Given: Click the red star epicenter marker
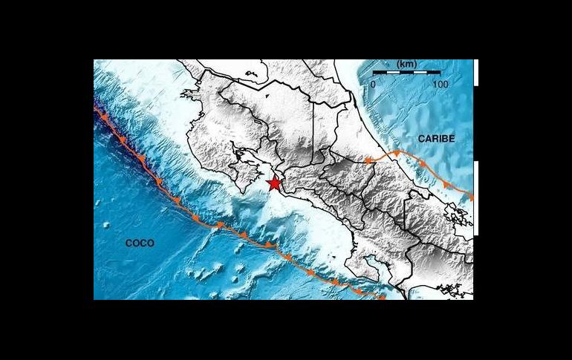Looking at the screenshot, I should coord(274,183).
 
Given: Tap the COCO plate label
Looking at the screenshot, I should coord(139,243).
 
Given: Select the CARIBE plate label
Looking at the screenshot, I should coord(435,139).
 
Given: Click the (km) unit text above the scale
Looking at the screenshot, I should coord(406,65).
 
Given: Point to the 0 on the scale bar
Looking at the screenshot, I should coord(373,84).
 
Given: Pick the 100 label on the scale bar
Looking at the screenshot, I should coord(440,84).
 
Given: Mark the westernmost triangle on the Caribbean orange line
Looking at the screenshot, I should coord(368,160).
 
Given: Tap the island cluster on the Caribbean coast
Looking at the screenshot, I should coord(461,215).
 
